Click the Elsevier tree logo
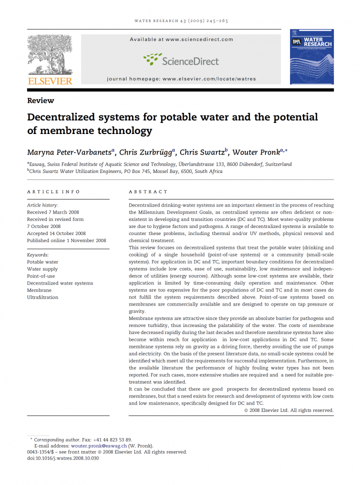point(50,52)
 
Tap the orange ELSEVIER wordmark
point(50,80)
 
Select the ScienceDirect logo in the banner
point(181,60)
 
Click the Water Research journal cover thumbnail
point(311,56)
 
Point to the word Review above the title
point(40,100)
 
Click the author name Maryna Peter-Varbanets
point(70,152)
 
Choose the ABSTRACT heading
point(148,192)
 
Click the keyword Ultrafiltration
point(42,297)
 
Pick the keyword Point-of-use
point(41,276)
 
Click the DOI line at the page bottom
point(63,458)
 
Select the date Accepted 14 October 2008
point(56,233)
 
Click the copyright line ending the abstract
point(288,410)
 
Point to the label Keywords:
point(37,255)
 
